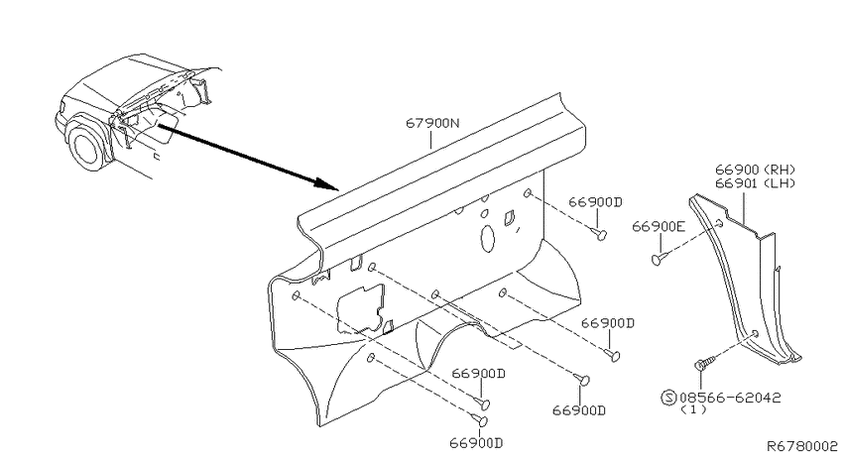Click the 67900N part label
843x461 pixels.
tap(432, 123)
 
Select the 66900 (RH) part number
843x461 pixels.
tap(755, 170)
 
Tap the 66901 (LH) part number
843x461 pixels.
tap(755, 183)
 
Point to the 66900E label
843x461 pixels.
tap(659, 227)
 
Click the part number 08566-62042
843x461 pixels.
tap(730, 399)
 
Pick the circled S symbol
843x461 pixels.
tap(668, 399)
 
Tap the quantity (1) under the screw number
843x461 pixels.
tap(693, 410)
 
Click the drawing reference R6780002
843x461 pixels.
tap(801, 446)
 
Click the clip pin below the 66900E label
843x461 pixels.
tap(660, 259)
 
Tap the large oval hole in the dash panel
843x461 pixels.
tap(487, 238)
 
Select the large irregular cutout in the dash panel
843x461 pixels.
tap(361, 309)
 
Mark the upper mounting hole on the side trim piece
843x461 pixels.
tap(719, 223)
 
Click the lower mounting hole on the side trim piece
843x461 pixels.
tap(755, 334)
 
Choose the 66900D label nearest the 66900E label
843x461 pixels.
tap(595, 202)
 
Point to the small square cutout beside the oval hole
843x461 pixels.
tap(508, 217)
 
